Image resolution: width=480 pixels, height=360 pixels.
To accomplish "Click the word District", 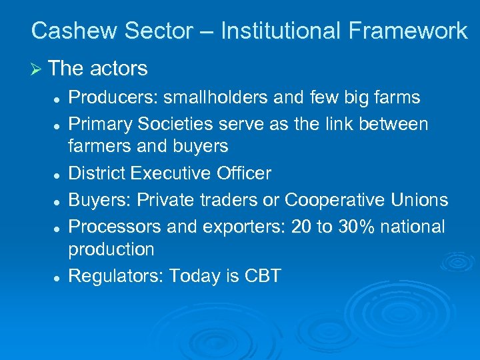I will tap(97, 173).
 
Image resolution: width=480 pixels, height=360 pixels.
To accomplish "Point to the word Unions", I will tap(420, 199).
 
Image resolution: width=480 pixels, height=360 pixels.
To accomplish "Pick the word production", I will tap(111, 249).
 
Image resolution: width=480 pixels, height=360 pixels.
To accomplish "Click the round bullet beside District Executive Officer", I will tap(59, 175).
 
